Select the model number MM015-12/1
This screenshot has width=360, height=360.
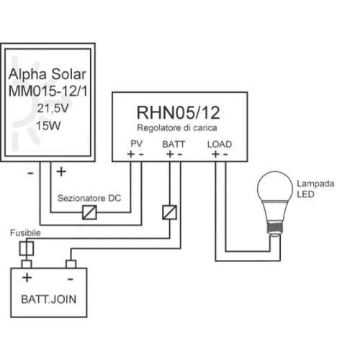(49, 93)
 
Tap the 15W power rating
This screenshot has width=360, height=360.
(48, 125)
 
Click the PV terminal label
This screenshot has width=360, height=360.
(137, 144)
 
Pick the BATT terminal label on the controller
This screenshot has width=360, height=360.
(174, 144)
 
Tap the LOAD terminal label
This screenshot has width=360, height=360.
(219, 144)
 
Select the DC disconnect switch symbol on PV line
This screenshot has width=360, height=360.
(91, 212)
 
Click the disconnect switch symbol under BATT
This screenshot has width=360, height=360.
(168, 212)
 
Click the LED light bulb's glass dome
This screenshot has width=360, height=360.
(276, 192)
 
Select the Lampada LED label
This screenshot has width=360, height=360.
(315, 189)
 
